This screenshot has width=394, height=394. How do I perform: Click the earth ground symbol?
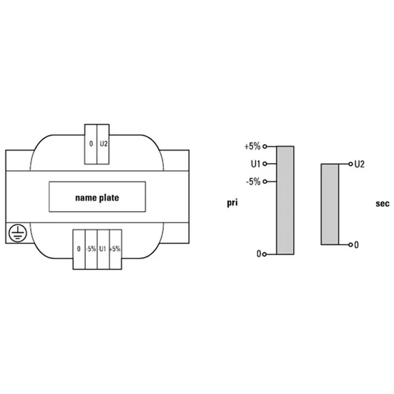[x=18, y=233]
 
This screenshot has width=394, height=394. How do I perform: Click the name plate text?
[x=97, y=198]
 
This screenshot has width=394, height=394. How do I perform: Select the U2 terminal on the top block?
[x=103, y=144]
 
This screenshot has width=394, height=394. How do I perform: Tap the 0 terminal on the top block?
[x=90, y=144]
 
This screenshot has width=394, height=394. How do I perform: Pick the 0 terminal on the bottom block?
[x=79, y=249]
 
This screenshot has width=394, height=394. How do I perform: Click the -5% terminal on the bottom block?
[x=91, y=249]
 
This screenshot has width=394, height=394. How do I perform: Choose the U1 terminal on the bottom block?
[x=103, y=249]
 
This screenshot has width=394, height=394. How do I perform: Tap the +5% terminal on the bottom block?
[x=116, y=249]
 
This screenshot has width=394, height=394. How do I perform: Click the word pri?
[x=232, y=203]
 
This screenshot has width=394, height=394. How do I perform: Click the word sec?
[x=382, y=204]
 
